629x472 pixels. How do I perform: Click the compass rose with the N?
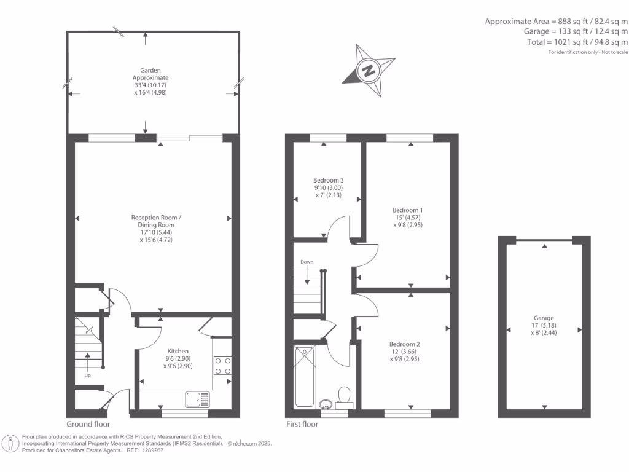click(369, 69)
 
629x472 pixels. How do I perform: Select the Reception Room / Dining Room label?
click(156, 229)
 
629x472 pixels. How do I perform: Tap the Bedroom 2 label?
click(404, 352)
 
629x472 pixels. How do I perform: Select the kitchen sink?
click(198, 399)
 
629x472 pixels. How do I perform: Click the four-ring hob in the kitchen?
click(222, 366)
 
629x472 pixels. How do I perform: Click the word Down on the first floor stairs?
click(307, 262)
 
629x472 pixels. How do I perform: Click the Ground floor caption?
click(88, 424)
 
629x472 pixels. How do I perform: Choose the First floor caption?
click(302, 424)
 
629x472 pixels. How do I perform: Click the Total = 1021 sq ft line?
click(569, 42)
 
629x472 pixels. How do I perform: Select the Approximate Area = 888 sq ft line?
click(557, 22)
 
